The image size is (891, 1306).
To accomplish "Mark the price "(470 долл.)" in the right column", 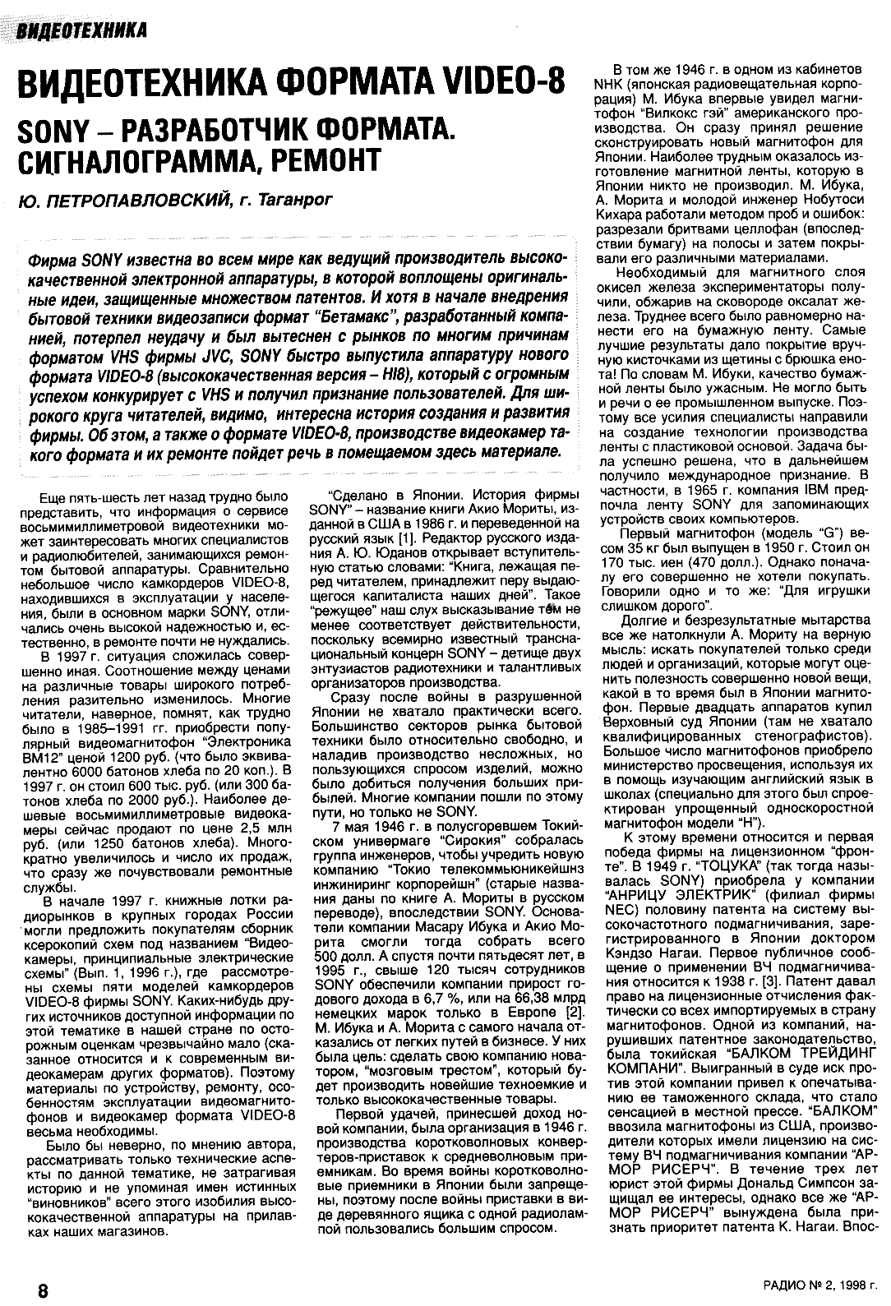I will [x=732, y=563].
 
